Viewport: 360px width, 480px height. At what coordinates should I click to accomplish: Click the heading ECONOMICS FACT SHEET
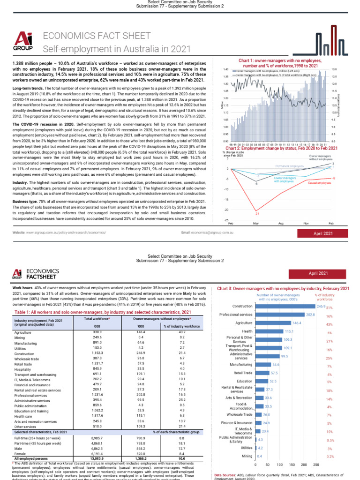[x=97, y=36]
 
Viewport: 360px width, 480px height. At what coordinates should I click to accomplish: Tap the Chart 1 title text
[x=279, y=63]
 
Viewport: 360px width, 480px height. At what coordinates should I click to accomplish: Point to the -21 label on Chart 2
[x=256, y=213]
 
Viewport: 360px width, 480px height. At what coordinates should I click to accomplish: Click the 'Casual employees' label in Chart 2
[x=319, y=183]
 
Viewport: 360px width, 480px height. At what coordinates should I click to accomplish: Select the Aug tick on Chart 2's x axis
[x=281, y=224]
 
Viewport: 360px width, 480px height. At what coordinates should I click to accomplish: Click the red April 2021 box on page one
[x=320, y=233]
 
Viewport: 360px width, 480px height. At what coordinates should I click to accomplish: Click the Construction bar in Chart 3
[x=285, y=306]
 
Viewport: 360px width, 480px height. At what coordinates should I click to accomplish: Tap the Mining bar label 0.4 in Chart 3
[x=259, y=455]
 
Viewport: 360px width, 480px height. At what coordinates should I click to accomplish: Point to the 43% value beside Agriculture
[x=329, y=324]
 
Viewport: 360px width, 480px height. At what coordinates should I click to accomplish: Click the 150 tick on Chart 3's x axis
[x=292, y=465]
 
